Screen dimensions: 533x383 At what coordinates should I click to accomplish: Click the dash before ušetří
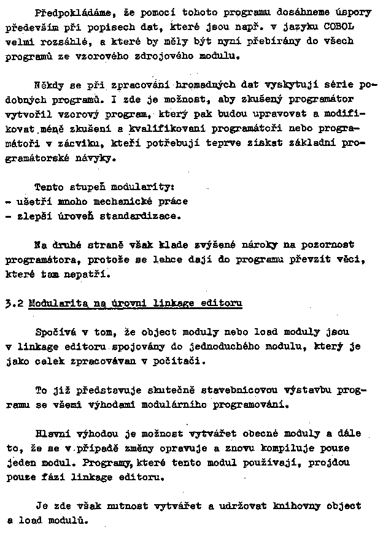tap(7, 201)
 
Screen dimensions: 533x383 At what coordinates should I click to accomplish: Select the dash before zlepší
tap(7, 215)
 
